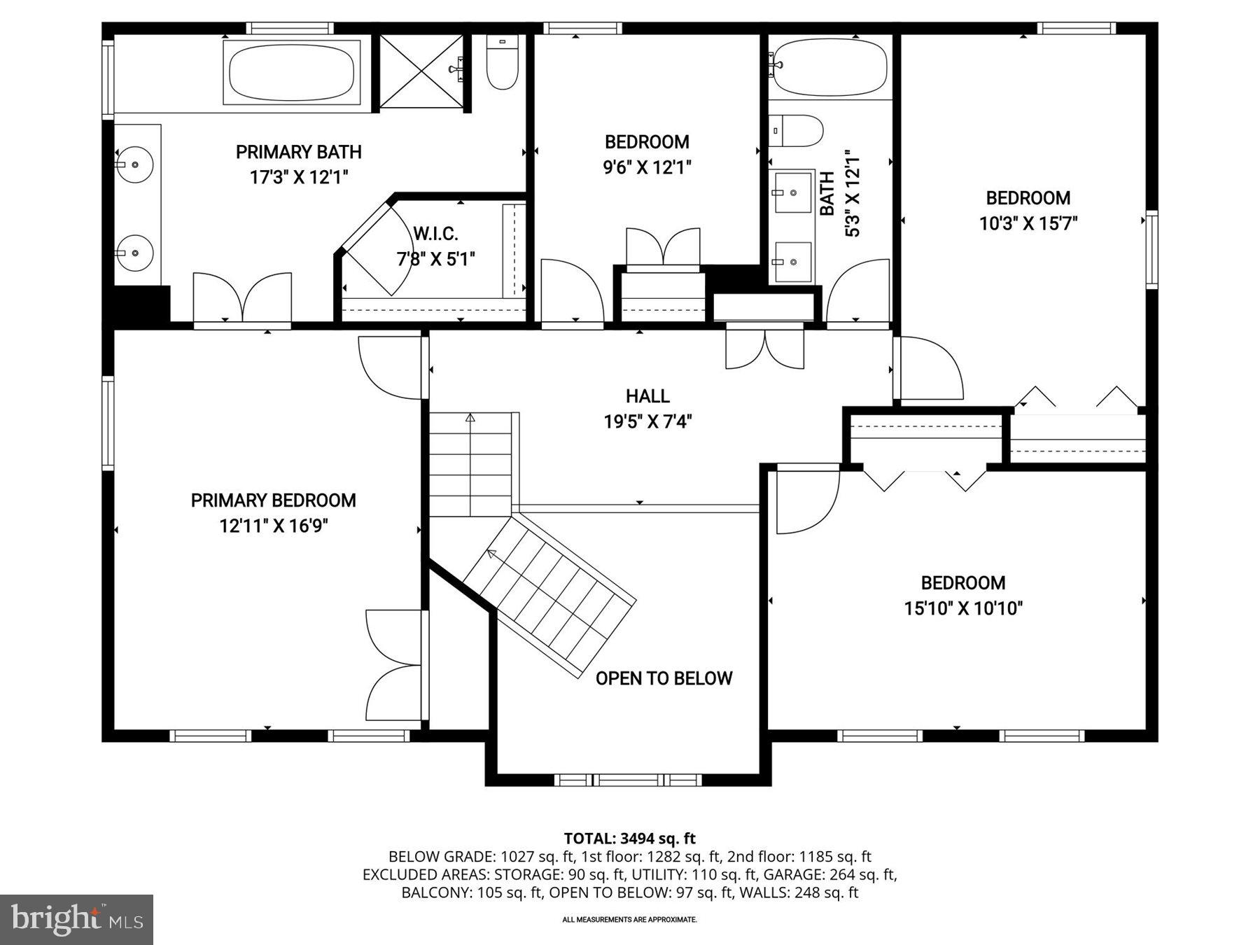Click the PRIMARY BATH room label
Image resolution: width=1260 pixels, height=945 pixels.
click(x=298, y=152)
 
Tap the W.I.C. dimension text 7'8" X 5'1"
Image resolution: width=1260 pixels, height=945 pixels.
click(x=435, y=260)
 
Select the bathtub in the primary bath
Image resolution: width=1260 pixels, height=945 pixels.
click(x=292, y=73)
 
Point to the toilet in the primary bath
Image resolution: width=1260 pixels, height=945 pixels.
click(x=502, y=64)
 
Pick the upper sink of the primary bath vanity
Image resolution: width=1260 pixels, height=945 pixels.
click(x=134, y=164)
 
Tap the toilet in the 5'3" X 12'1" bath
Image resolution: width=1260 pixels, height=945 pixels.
click(x=797, y=131)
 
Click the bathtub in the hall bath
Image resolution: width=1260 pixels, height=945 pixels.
click(x=830, y=67)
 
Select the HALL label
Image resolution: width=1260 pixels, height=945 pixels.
click(x=647, y=396)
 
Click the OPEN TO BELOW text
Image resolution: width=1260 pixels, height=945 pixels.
click(x=664, y=678)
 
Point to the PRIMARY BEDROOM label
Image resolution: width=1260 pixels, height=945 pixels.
click(x=273, y=500)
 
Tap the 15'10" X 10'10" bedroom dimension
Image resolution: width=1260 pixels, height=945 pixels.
click(x=963, y=609)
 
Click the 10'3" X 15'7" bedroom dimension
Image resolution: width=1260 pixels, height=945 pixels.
click(x=1028, y=224)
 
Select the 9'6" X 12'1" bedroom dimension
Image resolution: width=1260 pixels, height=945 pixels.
click(x=647, y=168)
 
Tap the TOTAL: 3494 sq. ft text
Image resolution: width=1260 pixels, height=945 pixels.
click(x=629, y=838)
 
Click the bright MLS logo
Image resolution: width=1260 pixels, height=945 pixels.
click(x=76, y=919)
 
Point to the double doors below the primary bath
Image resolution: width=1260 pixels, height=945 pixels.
click(x=242, y=298)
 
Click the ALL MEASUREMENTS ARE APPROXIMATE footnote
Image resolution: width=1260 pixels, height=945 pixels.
click(x=629, y=920)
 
